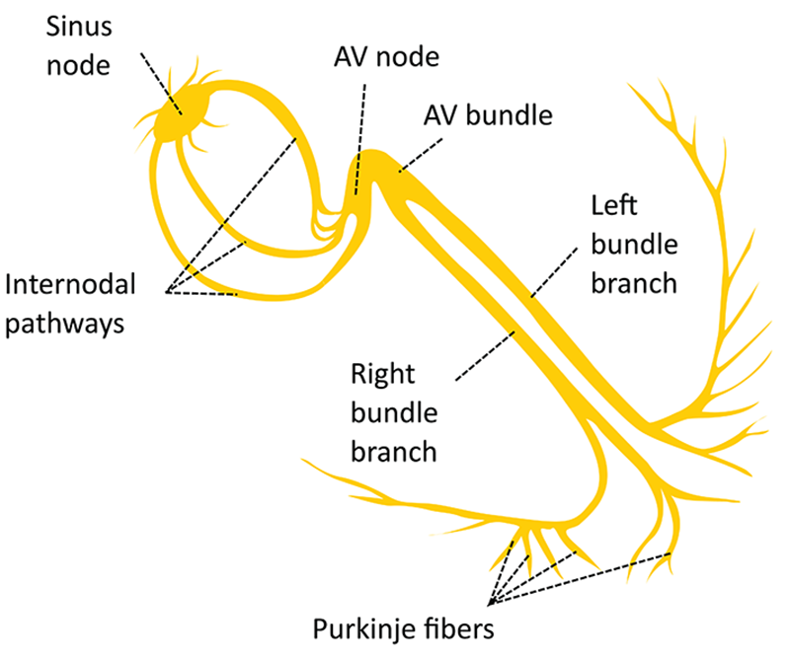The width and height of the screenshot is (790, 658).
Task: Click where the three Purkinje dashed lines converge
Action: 490,602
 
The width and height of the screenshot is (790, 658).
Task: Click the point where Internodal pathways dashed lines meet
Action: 169,291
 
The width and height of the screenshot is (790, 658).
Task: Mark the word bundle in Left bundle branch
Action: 631,246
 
